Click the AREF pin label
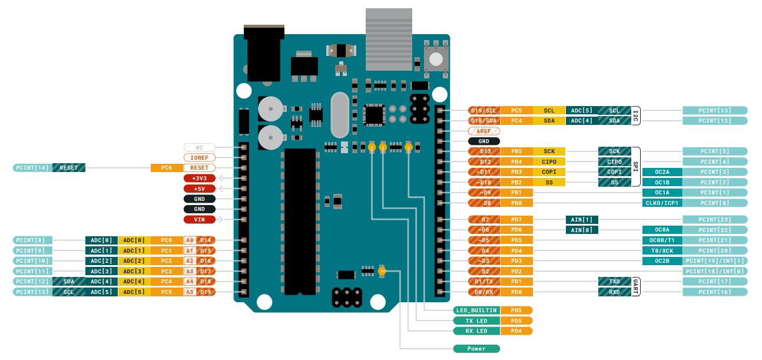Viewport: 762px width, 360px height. click(x=483, y=131)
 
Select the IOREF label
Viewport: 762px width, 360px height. click(x=200, y=157)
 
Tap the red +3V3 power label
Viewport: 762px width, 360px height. click(x=200, y=178)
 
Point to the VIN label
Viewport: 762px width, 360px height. click(x=200, y=220)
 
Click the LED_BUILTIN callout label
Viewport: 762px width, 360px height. click(x=476, y=310)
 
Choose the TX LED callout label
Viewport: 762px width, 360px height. click(x=476, y=321)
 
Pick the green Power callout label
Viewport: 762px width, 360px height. click(x=476, y=349)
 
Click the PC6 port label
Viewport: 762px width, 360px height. click(x=166, y=168)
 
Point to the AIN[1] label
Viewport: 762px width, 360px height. click(x=581, y=219)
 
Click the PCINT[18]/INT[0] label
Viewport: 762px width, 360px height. click(x=715, y=271)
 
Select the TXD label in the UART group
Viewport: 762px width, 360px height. click(x=614, y=282)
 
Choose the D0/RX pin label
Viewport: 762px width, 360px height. click(x=483, y=292)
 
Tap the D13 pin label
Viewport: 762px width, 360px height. click(x=483, y=151)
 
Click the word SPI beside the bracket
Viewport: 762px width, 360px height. click(x=635, y=166)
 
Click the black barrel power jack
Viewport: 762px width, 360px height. click(x=264, y=56)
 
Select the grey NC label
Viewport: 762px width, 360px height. click(x=200, y=147)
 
